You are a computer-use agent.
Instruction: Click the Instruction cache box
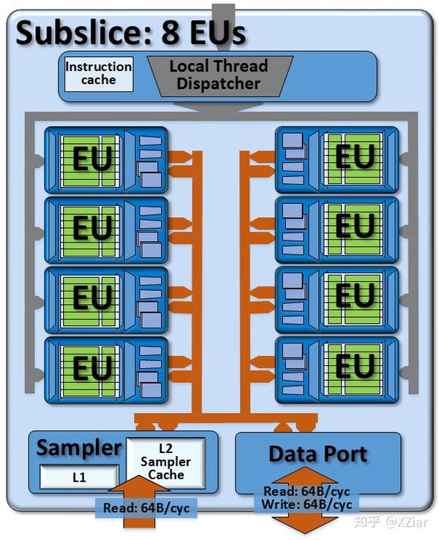click(99, 73)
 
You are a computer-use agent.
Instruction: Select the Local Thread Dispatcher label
click(219, 75)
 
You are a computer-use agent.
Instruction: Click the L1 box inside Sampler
click(78, 477)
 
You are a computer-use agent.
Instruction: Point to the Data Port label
click(318, 454)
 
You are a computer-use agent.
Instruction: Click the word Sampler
click(79, 447)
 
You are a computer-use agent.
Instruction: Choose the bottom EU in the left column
click(91, 368)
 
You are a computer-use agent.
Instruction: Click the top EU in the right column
click(355, 157)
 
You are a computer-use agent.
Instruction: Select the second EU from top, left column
click(91, 227)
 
